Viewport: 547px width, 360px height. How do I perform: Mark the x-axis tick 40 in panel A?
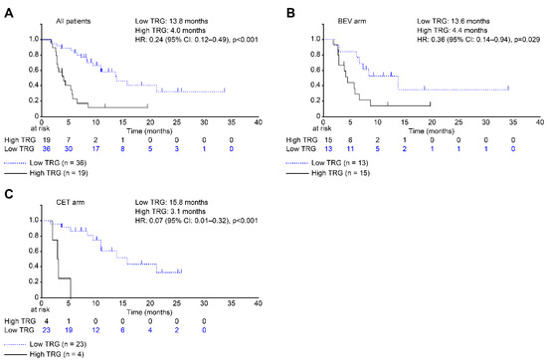[x=258, y=123]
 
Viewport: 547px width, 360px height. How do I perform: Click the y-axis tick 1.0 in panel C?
[x=29, y=219]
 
